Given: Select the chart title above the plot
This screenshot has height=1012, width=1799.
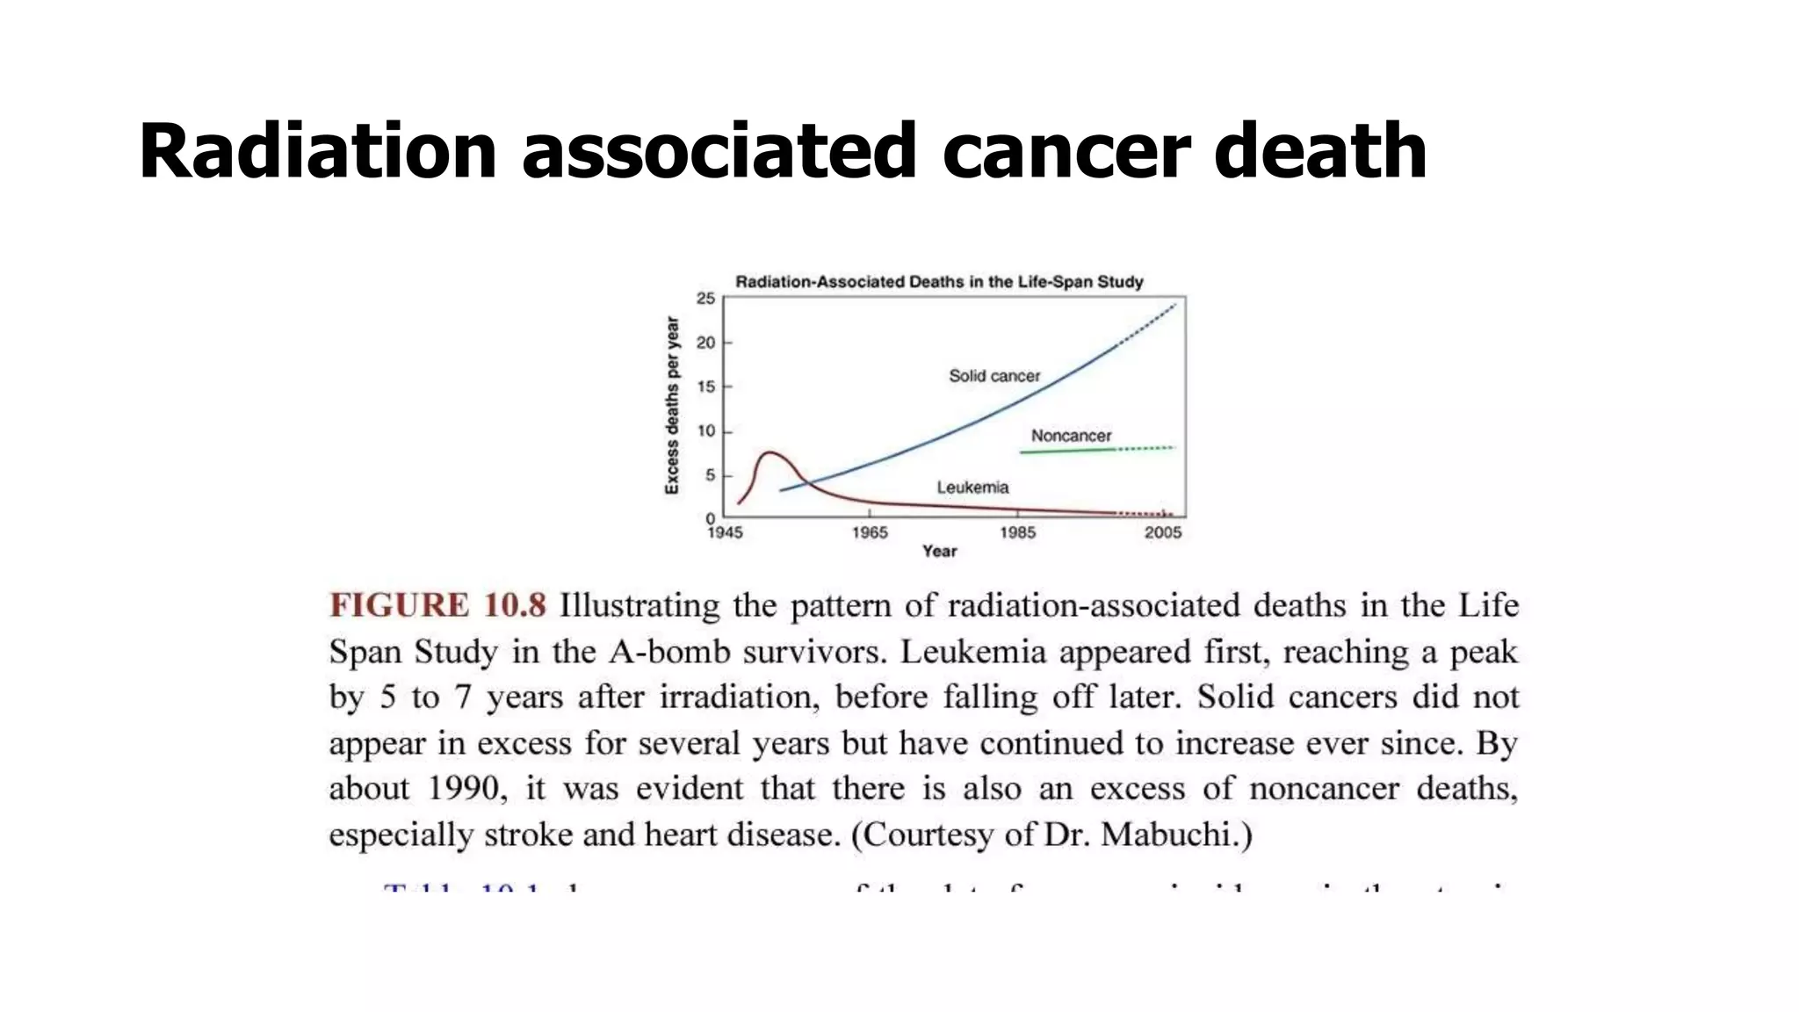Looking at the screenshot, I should [939, 282].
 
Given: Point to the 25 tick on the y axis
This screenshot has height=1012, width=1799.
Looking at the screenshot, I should [706, 299].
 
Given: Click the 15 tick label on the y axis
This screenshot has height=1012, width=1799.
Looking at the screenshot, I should [706, 387].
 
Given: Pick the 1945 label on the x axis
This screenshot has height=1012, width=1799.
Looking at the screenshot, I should [725, 532].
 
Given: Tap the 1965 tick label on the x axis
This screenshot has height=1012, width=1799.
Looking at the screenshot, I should [870, 532].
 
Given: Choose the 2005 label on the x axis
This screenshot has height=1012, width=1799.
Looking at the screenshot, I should [1163, 532].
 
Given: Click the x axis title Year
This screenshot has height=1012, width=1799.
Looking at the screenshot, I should [939, 551].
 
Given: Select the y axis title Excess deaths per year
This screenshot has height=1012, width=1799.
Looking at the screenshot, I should [672, 405].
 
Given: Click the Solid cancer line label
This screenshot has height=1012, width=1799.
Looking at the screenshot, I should [994, 376].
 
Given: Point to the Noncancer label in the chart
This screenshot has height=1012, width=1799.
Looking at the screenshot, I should [1071, 436].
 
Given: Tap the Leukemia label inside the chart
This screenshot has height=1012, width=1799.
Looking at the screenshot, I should [972, 488].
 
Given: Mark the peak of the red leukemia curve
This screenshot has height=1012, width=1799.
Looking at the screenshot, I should [769, 452].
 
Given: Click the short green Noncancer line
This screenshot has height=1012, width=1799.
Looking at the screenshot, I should [1067, 451].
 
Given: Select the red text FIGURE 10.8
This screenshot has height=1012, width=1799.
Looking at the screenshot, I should [437, 605].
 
